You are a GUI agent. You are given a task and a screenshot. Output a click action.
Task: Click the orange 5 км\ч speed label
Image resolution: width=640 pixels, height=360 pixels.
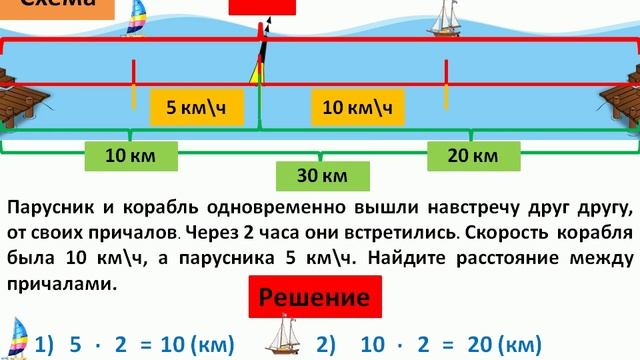pyautogui.click(x=196, y=107)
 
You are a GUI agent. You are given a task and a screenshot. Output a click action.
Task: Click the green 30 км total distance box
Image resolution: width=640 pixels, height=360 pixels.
pyautogui.click(x=322, y=176)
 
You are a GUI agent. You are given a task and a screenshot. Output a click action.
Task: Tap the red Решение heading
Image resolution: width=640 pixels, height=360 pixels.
pyautogui.click(x=316, y=297)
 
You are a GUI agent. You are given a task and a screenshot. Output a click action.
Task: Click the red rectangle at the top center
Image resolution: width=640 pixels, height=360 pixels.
pyautogui.click(x=262, y=6)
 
